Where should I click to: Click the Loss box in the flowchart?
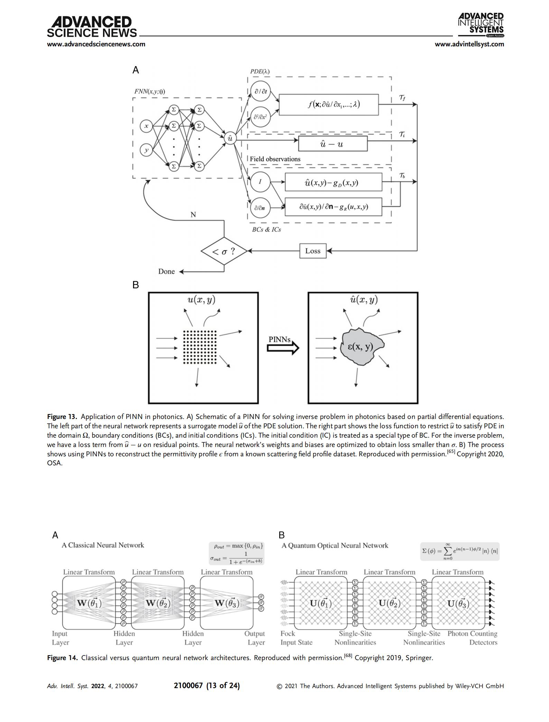tap(313, 251)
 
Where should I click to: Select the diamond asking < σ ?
tap(224, 251)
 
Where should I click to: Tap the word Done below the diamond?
tap(166, 272)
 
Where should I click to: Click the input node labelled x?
tap(146, 126)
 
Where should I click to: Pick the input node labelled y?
tap(146, 150)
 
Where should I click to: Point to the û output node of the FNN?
tap(230, 138)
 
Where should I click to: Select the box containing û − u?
tap(333, 144)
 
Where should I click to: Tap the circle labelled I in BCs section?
tap(260, 182)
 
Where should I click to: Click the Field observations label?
tap(275, 159)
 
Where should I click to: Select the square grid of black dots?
tap(199, 347)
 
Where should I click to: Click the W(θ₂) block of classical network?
tap(158, 603)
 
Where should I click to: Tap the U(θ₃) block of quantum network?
tap(458, 603)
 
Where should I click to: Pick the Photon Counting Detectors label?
tap(472, 638)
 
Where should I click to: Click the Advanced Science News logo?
tap(92, 27)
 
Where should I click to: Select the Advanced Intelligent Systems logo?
tap(481, 25)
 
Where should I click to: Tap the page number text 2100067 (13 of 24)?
tap(207, 685)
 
